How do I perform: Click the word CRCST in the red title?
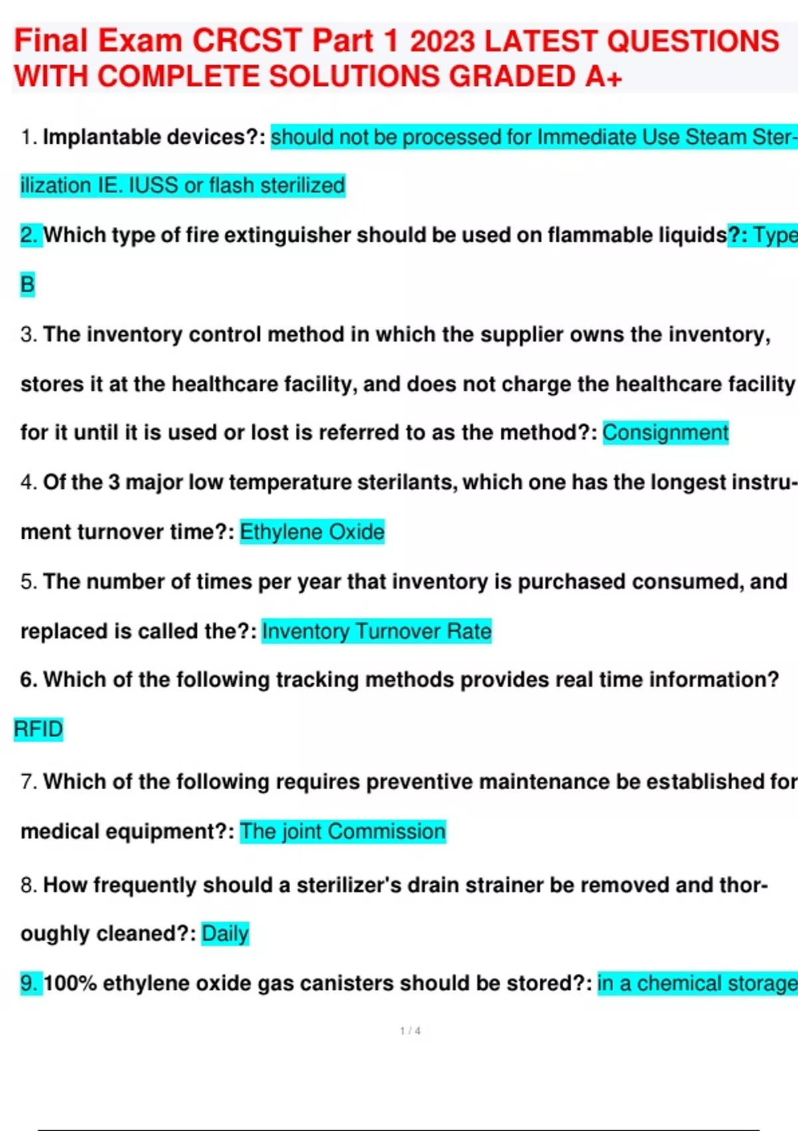coord(247,41)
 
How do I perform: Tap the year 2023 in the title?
coord(442,41)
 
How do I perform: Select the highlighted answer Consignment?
coord(665,432)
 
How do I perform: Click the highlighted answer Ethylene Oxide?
coord(312,532)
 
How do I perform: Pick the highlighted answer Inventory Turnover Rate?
coord(376,631)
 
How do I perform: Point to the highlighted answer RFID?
coord(38,729)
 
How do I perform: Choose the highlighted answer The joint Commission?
coord(342,831)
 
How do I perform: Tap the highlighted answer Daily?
coord(225,933)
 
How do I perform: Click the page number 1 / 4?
coord(410,1031)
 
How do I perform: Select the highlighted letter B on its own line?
coord(27,284)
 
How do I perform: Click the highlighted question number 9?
coord(30,983)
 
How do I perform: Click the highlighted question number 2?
coord(30,235)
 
